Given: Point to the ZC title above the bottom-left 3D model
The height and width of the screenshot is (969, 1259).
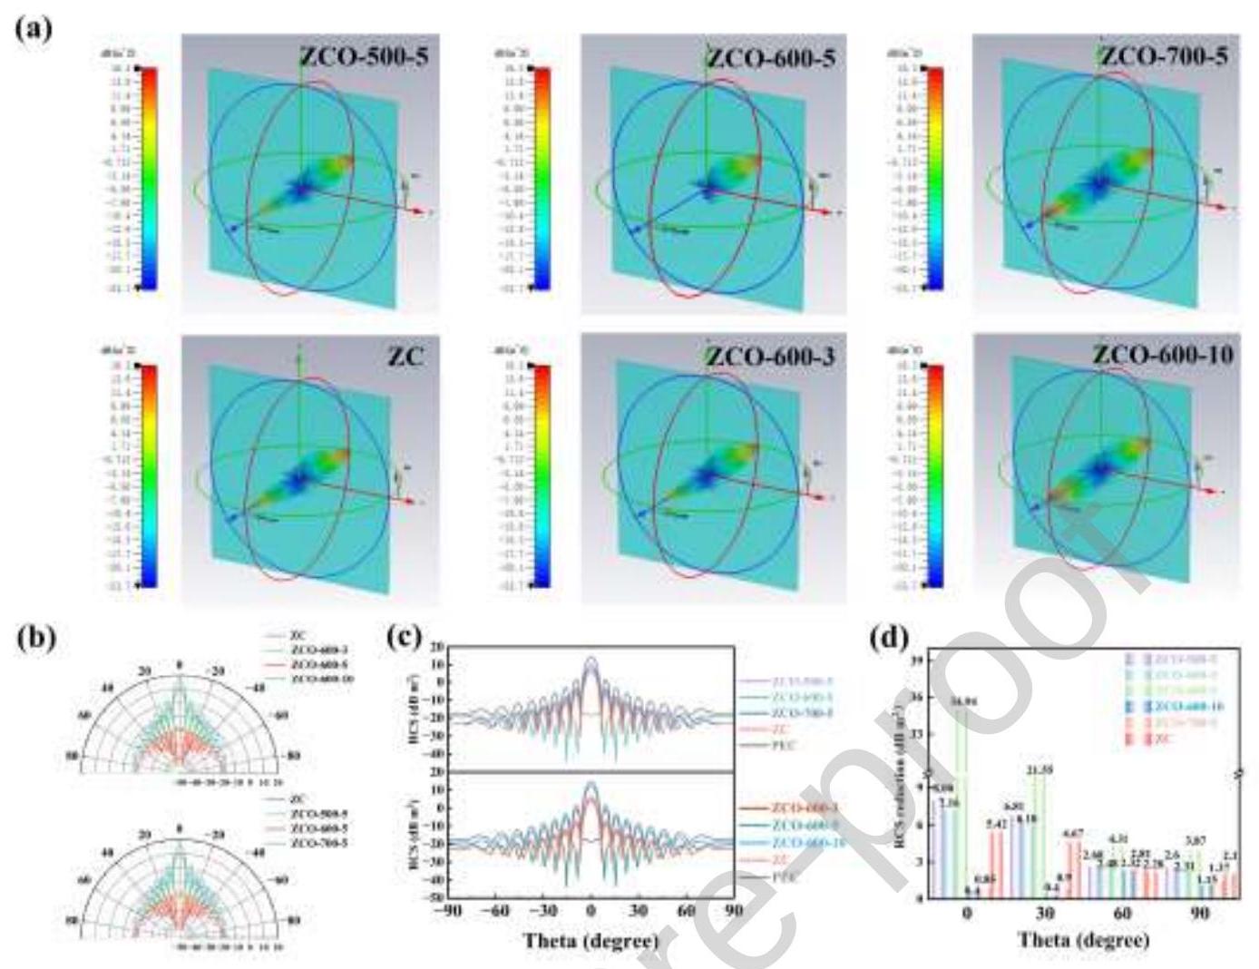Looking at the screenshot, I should click(405, 357).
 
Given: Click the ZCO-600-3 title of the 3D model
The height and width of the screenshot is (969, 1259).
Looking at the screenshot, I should click(771, 357).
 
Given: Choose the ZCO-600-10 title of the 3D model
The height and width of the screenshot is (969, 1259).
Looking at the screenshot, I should click(1164, 355).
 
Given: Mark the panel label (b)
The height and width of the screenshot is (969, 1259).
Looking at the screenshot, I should click(35, 638).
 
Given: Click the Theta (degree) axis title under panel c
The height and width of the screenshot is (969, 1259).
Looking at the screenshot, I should click(590, 941).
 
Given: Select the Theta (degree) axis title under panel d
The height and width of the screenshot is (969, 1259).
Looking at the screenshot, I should click(1083, 939).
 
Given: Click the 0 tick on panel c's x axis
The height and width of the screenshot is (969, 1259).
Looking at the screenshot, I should click(591, 911).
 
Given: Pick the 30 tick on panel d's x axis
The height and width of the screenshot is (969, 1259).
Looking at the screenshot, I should click(1045, 913).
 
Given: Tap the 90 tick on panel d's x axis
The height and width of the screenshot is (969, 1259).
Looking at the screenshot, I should click(1200, 913).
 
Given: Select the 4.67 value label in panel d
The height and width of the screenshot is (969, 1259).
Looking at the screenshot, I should click(1073, 834).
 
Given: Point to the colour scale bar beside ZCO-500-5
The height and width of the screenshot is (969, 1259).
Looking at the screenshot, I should click(148, 178).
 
